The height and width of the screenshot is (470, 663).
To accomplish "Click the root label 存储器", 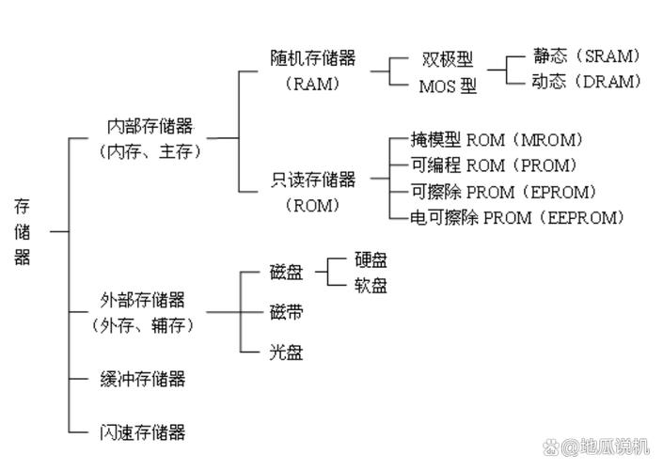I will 23,231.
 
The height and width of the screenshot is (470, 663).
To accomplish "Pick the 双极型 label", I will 447,59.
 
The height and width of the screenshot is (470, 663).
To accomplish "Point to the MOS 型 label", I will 447,86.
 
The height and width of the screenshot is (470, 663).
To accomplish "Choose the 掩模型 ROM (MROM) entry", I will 497,140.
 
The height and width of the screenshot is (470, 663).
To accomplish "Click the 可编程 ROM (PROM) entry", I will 494,165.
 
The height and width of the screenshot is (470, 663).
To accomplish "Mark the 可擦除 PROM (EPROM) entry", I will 503,192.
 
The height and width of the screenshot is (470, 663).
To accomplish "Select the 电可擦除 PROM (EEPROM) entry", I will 517,218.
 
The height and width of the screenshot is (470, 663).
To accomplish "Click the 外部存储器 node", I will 142,301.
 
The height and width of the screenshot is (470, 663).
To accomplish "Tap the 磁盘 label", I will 286,274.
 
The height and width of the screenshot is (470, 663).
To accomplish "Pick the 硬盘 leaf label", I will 371,260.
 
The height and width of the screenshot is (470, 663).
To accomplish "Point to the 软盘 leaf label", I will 371,286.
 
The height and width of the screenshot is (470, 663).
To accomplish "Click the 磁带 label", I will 286,311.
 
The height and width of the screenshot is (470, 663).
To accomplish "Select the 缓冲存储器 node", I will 142,380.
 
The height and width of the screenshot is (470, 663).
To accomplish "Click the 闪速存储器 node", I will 142,432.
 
